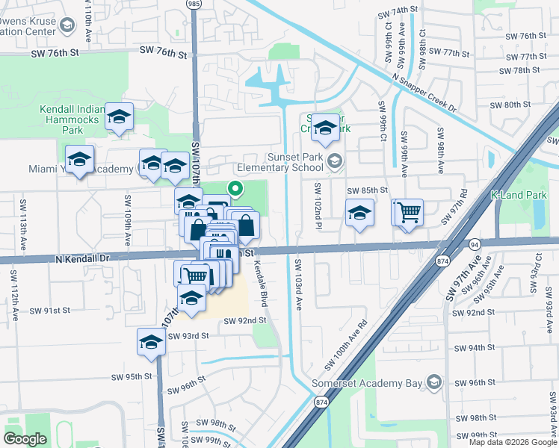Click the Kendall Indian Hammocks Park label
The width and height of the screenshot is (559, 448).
(71, 119)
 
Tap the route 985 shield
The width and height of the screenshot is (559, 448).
(194, 4)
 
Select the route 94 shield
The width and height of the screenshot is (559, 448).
(474, 244)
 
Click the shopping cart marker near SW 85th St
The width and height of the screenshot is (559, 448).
(409, 213)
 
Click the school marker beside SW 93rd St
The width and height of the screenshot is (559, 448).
(151, 343)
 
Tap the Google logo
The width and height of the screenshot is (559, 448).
(25, 439)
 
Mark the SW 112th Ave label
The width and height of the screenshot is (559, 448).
(13, 293)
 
